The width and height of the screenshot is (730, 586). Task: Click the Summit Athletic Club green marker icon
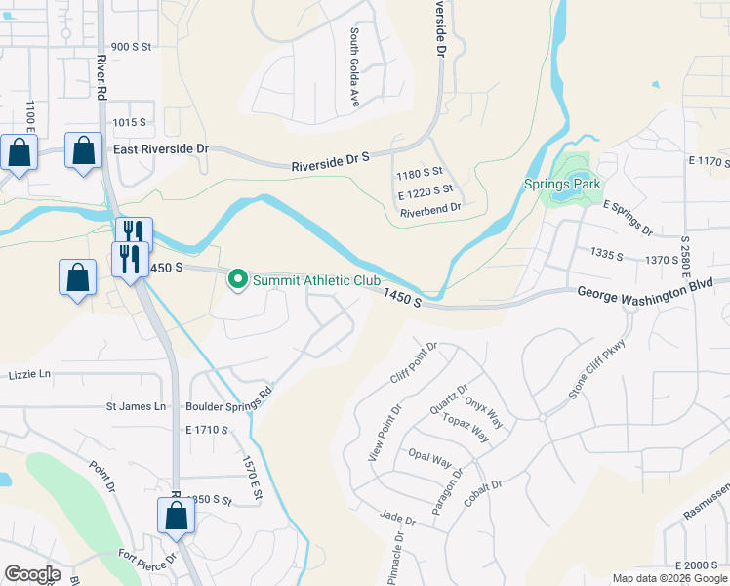point(237,280)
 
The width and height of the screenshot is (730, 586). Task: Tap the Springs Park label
point(575,184)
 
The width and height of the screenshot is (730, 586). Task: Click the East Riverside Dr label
point(161,148)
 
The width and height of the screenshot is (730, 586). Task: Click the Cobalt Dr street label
point(483,499)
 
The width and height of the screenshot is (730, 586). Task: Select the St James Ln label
point(136,406)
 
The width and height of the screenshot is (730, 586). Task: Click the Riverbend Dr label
point(430,207)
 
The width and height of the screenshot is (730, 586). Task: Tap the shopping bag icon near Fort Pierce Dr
point(176,516)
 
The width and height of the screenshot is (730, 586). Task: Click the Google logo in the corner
point(32,574)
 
